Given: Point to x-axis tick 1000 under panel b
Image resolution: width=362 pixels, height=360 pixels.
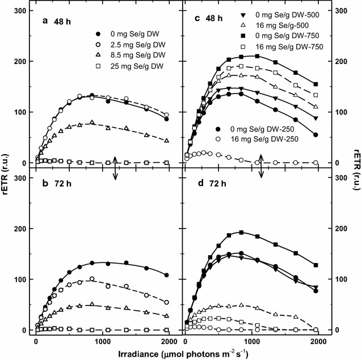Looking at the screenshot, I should coord(103,341).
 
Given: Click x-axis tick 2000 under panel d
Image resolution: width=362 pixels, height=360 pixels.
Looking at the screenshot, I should coord(315,341).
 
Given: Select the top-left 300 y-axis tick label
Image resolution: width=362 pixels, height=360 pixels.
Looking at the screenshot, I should coord(21,11).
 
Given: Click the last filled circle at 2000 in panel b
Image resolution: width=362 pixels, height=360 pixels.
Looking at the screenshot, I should coord(166,275).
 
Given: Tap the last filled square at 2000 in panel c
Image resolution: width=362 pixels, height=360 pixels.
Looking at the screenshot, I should coord(315,84).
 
